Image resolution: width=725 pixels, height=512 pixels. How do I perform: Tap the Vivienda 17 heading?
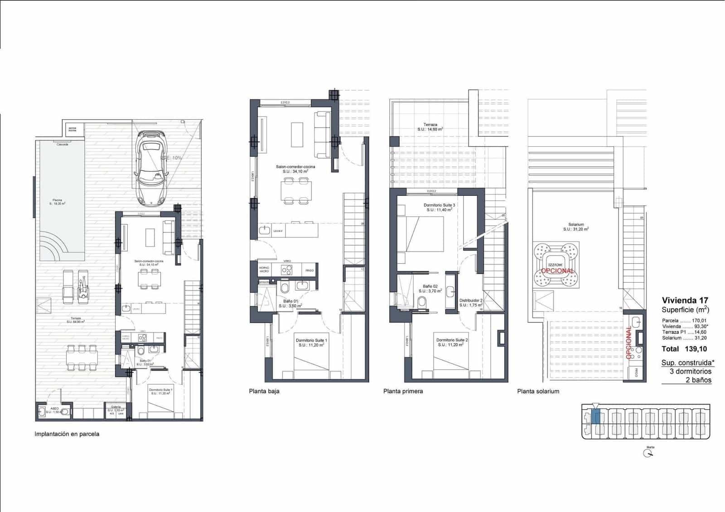pyautogui.click(x=685, y=300)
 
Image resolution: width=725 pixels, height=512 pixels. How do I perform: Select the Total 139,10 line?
pyautogui.click(x=684, y=349)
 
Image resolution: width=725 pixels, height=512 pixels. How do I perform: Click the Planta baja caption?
pyautogui.click(x=264, y=391)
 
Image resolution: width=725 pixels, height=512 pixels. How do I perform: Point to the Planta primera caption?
pyautogui.click(x=403, y=391)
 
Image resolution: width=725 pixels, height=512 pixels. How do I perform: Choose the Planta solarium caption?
pyautogui.click(x=538, y=391)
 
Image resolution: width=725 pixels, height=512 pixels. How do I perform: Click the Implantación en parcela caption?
pyautogui.click(x=67, y=434)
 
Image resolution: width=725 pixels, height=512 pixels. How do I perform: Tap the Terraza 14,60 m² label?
pyautogui.click(x=430, y=127)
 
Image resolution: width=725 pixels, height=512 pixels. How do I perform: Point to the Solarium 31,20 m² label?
pyautogui.click(x=576, y=227)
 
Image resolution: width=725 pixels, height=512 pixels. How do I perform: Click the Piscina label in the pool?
pyautogui.click(x=58, y=202)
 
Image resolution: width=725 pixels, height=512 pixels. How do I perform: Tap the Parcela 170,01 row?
pyautogui.click(x=684, y=320)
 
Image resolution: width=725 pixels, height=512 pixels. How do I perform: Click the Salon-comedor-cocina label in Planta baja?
pyautogui.click(x=295, y=169)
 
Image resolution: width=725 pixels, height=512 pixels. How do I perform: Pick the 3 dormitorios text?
pyautogui.click(x=690, y=372)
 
